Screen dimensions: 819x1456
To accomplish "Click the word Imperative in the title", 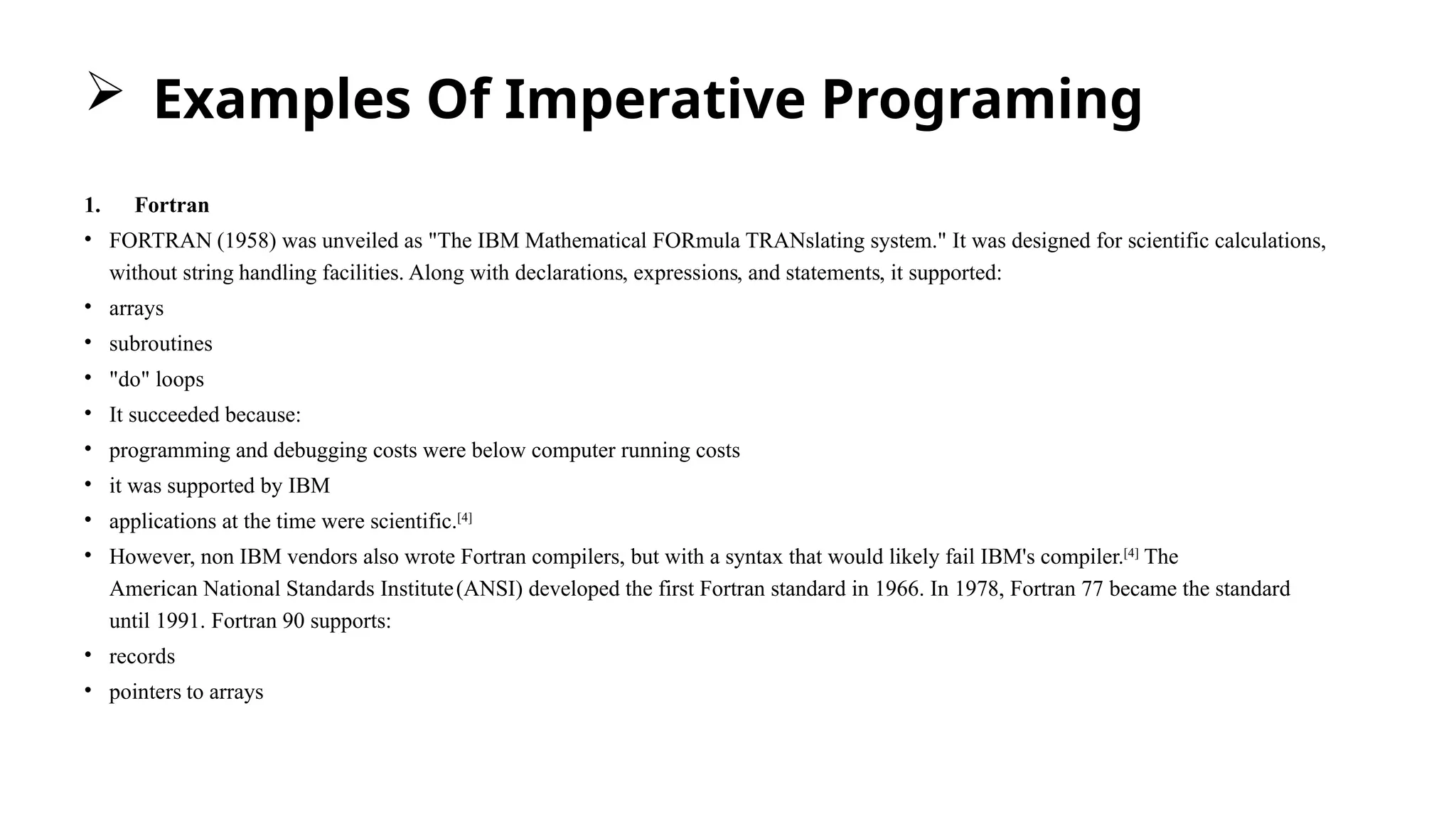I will click(x=654, y=100).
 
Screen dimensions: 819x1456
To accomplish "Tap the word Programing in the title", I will click(x=981, y=101).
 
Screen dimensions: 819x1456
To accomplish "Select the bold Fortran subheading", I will click(x=172, y=205).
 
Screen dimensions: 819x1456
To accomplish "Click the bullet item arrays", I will click(x=136, y=309).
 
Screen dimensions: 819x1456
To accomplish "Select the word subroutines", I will click(x=161, y=344).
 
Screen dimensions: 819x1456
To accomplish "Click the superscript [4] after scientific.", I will click(x=464, y=518).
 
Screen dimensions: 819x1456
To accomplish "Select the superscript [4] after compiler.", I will click(x=1131, y=553).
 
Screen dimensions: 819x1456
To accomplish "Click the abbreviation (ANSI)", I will click(x=490, y=589).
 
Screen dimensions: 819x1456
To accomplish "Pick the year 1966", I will click(x=897, y=589).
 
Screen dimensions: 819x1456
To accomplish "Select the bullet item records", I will click(x=142, y=657).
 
